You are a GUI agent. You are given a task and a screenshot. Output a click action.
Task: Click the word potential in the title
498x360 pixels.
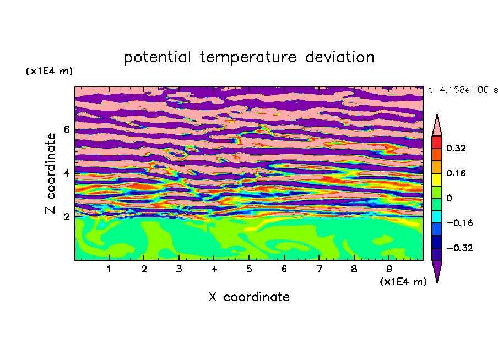click(157, 57)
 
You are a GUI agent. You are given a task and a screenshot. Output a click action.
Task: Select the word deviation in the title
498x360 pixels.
click(340, 57)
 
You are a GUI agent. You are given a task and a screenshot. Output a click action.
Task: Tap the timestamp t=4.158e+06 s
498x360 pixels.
click(463, 90)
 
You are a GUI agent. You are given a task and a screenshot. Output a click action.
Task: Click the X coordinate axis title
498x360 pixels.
click(249, 297)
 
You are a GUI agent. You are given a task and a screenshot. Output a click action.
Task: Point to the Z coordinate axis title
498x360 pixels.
click(50, 173)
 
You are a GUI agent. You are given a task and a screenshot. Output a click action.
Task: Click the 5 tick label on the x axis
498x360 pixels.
click(249, 269)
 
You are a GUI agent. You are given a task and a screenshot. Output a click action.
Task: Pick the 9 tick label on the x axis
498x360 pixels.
click(389, 269)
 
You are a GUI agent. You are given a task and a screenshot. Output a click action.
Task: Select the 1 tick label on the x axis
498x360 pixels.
click(109, 269)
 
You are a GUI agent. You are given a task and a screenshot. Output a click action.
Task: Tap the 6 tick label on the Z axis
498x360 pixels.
click(66, 129)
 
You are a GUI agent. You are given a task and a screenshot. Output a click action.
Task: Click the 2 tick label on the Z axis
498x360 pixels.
click(66, 217)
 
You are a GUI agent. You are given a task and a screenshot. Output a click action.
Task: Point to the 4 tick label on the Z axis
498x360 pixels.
click(66, 173)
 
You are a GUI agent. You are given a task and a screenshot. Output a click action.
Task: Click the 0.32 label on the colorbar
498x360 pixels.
click(456, 148)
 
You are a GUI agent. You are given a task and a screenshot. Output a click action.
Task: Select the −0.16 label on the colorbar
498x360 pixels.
click(459, 223)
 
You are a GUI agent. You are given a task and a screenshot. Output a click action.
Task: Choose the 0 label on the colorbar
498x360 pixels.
click(449, 198)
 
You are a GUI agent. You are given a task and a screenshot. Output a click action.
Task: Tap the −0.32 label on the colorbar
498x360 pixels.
click(459, 248)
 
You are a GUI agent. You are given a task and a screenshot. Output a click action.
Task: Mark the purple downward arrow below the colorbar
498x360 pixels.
click(437, 270)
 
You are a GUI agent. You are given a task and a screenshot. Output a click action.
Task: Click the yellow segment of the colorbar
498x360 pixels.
click(437, 179)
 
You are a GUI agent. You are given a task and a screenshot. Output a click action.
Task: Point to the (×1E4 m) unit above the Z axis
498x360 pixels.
click(49, 71)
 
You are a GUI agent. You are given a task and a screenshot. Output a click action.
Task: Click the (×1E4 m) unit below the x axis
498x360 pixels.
click(403, 282)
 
